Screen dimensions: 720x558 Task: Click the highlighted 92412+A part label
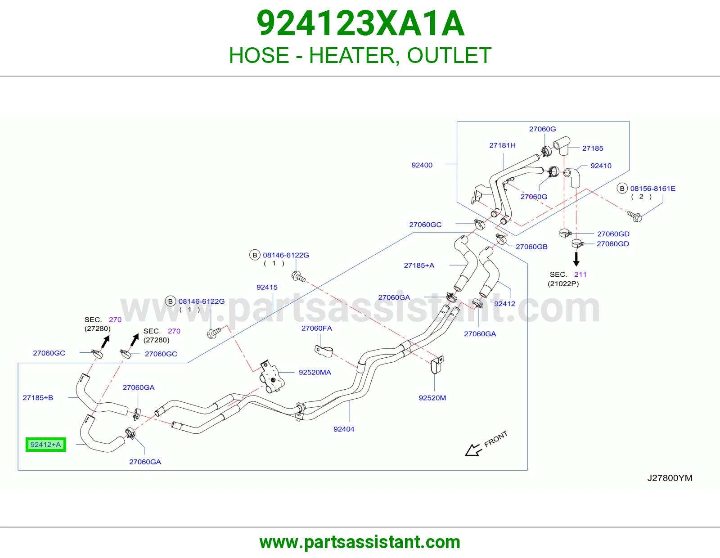46,444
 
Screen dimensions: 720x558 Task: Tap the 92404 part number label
344,429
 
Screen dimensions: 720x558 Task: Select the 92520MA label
315,373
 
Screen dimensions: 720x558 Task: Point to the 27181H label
502,145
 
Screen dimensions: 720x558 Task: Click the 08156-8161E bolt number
653,189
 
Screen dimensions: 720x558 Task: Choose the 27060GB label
531,247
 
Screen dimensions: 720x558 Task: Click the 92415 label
267,287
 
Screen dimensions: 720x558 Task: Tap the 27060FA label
316,328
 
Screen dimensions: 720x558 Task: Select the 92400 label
422,165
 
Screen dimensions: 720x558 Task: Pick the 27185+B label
38,398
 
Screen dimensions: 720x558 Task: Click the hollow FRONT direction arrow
473,450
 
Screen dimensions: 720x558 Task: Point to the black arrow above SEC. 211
576,259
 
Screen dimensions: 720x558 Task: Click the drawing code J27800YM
670,478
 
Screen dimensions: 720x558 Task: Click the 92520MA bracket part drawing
272,377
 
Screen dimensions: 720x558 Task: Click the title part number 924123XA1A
360,23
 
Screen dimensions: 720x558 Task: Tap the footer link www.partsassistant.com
360,542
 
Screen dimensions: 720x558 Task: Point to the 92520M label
432,398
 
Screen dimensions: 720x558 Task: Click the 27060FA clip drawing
324,351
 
